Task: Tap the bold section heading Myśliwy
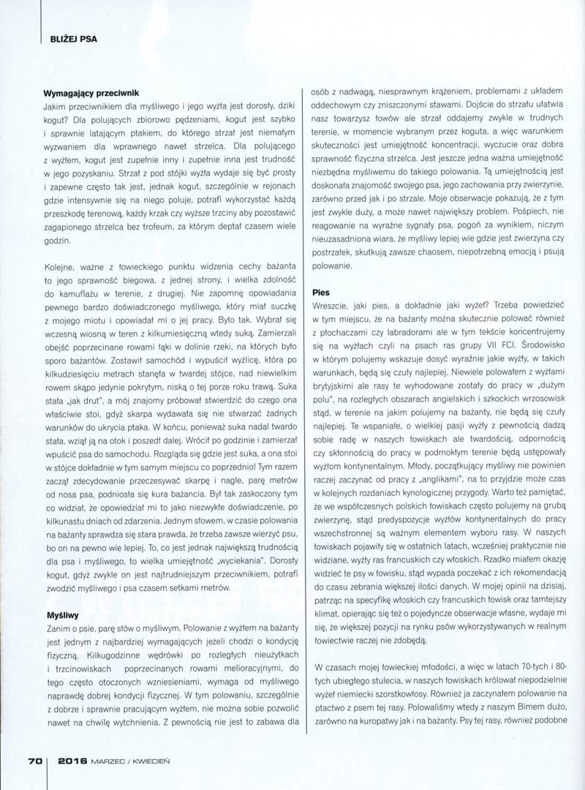click(x=63, y=617)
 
